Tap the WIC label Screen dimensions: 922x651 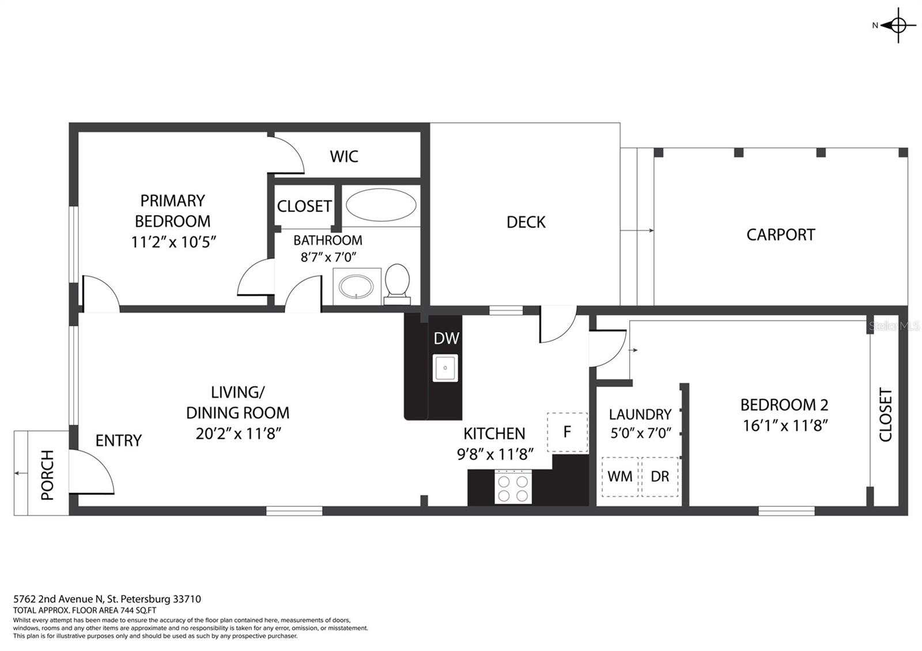pyautogui.click(x=344, y=156)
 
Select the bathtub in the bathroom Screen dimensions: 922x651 pyautogui.click(x=381, y=205)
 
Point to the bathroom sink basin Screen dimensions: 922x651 pyautogui.click(x=356, y=286)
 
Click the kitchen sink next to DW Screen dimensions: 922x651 pyautogui.click(x=445, y=368)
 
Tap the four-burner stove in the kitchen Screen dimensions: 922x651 pyautogui.click(x=513, y=487)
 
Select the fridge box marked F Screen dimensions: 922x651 pyautogui.click(x=568, y=432)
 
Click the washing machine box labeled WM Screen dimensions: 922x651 pyautogui.click(x=620, y=476)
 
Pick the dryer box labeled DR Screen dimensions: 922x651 pyautogui.click(x=660, y=476)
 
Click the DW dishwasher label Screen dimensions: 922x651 pyautogui.click(x=446, y=338)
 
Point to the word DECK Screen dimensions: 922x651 pyautogui.click(x=526, y=222)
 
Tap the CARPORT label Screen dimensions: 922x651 pyautogui.click(x=781, y=235)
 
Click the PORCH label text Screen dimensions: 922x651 pyautogui.click(x=48, y=475)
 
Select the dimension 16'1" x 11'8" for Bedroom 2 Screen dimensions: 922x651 pyautogui.click(x=785, y=426)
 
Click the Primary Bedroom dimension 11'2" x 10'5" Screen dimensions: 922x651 pyautogui.click(x=173, y=242)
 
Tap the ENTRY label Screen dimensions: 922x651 pyautogui.click(x=119, y=441)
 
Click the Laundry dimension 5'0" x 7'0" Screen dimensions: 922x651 pyautogui.click(x=640, y=433)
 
